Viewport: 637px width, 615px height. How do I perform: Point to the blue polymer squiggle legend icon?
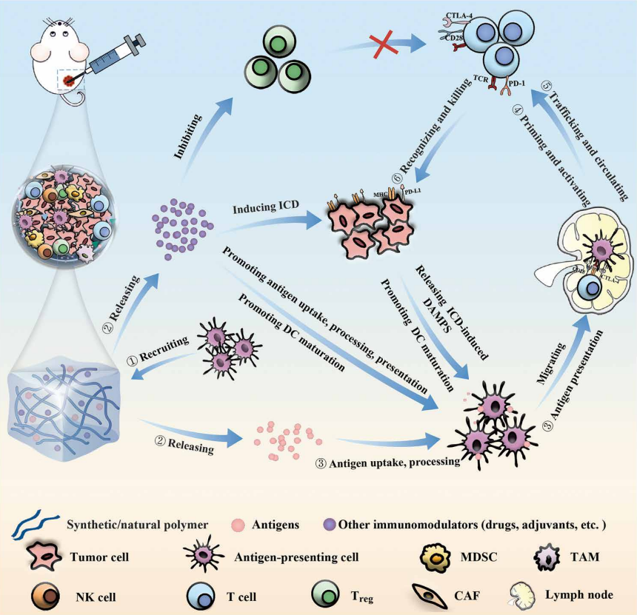pyautogui.click(x=35, y=526)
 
